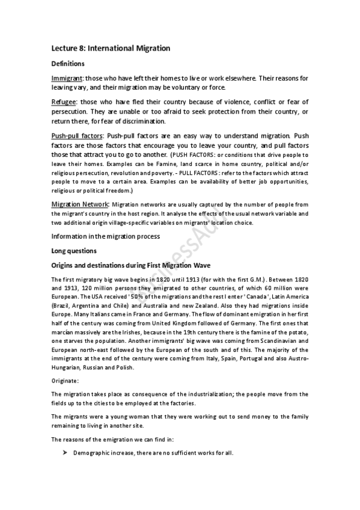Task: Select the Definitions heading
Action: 67,63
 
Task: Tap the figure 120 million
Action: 91,287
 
